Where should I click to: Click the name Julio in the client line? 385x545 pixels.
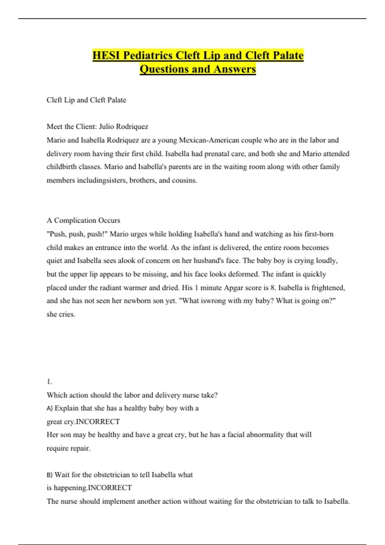106,127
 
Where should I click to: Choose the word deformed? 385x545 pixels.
243,274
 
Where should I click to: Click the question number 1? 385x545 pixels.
49,382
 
